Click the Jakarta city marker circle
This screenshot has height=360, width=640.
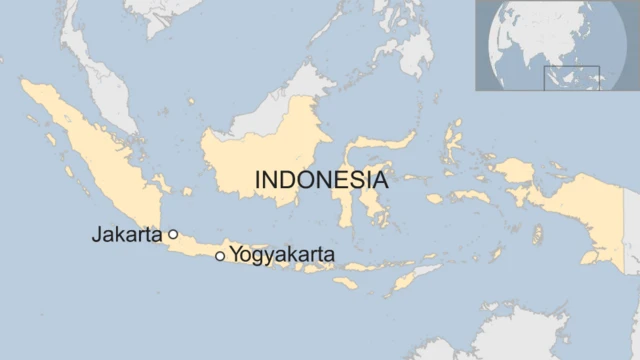pyautogui.click(x=173, y=234)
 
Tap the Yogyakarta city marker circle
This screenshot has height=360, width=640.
pyautogui.click(x=220, y=256)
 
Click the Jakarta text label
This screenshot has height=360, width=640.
pyautogui.click(x=127, y=236)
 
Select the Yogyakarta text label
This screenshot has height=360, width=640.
pyautogui.click(x=282, y=255)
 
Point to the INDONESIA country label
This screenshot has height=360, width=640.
pyautogui.click(x=321, y=181)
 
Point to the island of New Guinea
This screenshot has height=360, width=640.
pyautogui.click(x=580, y=210)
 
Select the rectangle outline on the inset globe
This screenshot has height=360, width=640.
pyautogui.click(x=571, y=78)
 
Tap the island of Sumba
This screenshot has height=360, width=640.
pyautogui.click(x=345, y=283)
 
